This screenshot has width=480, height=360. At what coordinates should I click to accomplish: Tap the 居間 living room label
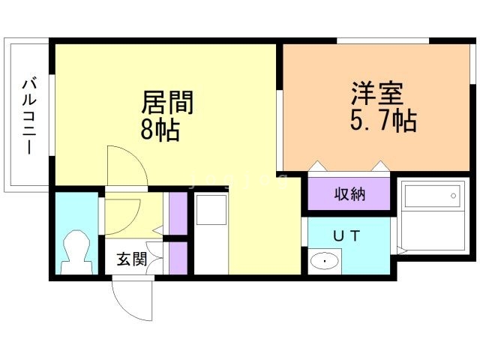pos(168,102)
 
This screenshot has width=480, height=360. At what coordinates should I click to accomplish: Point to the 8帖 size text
pos(160,130)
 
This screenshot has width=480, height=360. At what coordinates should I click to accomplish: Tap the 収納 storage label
pos(349,194)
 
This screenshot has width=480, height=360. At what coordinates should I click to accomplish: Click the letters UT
pos(346,235)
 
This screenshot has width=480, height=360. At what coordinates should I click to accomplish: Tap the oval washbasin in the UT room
pos(324,262)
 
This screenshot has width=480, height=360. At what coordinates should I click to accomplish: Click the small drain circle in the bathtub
pos(454,196)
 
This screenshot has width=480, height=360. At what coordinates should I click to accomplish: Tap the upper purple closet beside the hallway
pos(178,214)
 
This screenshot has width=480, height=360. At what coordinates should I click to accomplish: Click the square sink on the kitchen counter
pos(209,210)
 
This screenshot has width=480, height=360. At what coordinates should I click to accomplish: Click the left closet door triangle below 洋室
pos(317,166)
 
